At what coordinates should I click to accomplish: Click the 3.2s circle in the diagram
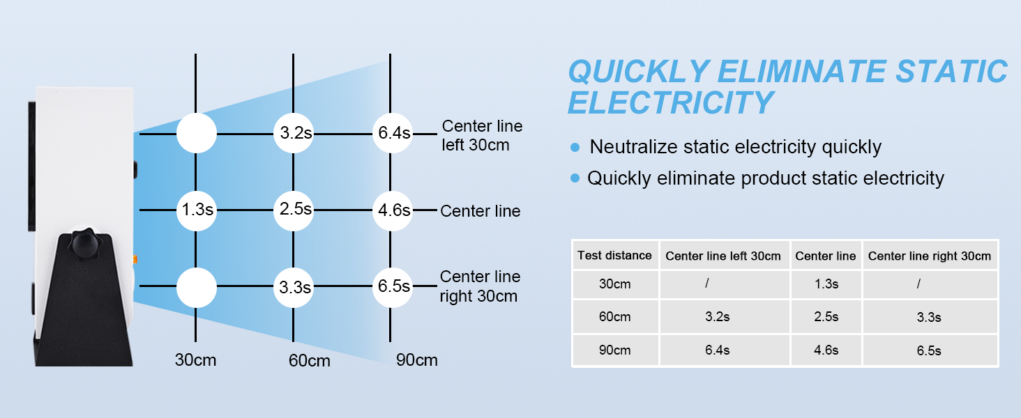tap(294, 133)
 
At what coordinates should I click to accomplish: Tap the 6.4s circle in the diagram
tap(392, 133)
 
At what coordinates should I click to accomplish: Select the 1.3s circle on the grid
tap(196, 209)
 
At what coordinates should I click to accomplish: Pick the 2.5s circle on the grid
tap(294, 209)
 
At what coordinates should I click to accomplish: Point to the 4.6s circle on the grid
tap(392, 209)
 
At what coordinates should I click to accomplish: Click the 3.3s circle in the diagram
tap(294, 286)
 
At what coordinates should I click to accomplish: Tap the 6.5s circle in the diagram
tap(392, 286)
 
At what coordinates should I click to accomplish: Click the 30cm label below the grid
tap(195, 360)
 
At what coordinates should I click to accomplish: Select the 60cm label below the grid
tap(309, 361)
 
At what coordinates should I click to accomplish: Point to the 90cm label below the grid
tap(416, 360)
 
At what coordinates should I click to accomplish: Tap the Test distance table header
tap(614, 256)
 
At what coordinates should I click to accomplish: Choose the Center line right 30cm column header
tap(929, 256)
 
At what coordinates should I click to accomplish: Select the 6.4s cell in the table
tap(717, 350)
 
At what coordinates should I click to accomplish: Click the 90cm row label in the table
tap(614, 350)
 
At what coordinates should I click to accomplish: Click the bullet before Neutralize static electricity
tap(575, 148)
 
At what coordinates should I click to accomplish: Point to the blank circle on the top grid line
tap(196, 133)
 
